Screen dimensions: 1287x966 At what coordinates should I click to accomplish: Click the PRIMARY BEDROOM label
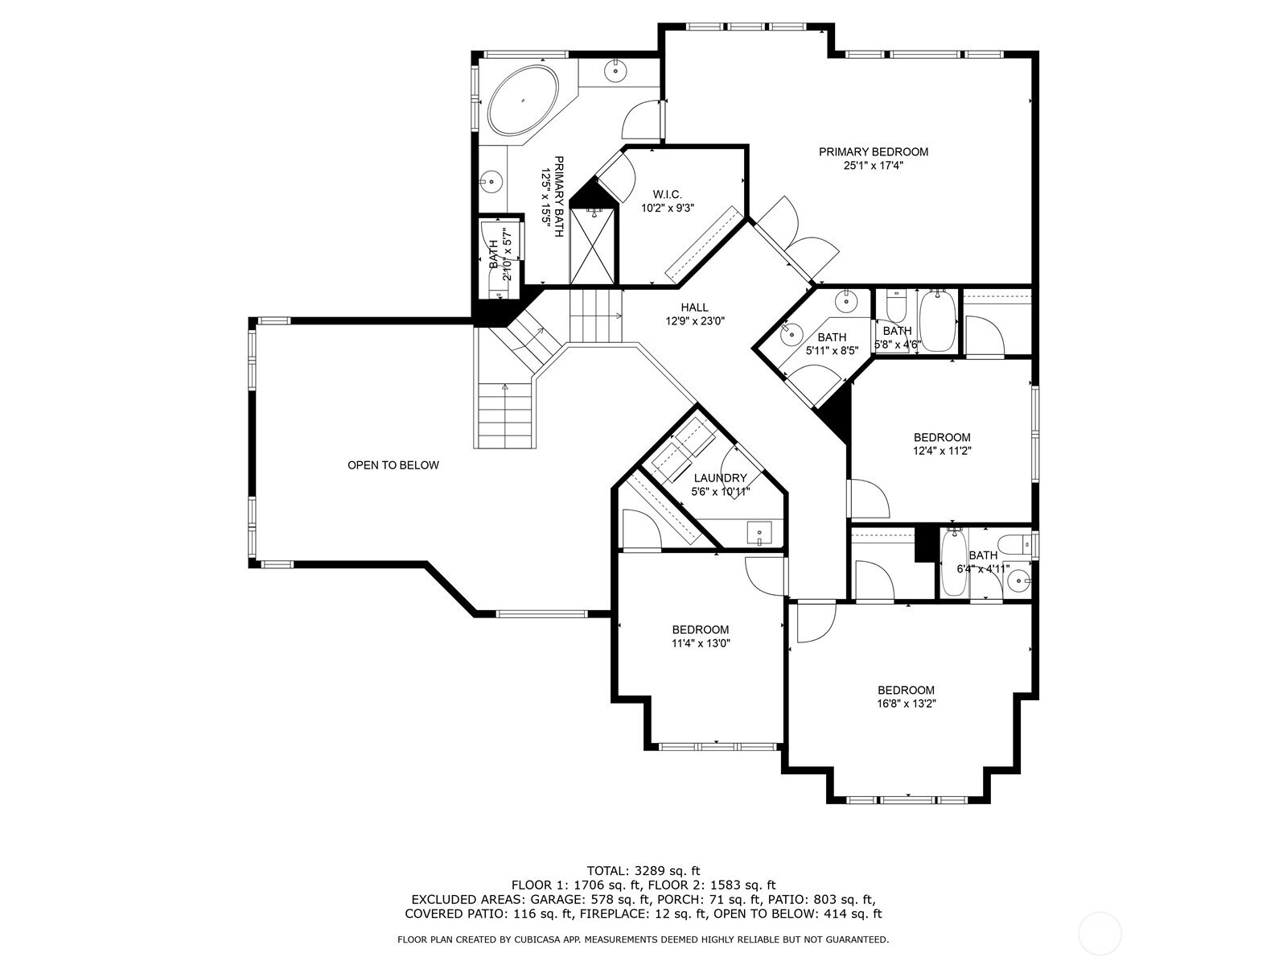[x=873, y=152]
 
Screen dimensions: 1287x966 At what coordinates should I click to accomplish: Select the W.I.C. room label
[x=668, y=194]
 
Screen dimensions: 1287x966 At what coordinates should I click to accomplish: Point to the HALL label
[x=694, y=308]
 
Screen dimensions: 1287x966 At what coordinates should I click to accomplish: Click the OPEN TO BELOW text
[x=393, y=465]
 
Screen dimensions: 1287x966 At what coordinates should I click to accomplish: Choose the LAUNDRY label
[x=720, y=478]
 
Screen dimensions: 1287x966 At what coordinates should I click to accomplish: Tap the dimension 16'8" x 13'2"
[x=906, y=704]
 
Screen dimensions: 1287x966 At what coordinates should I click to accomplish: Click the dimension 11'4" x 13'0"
[x=701, y=643]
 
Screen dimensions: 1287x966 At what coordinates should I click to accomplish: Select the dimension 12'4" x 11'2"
[x=942, y=451]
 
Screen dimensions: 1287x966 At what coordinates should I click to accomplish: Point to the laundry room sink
[x=759, y=533]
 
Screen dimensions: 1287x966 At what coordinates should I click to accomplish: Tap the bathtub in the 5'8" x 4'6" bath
[x=938, y=321]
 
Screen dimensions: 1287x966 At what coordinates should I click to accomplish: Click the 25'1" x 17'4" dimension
[x=873, y=165]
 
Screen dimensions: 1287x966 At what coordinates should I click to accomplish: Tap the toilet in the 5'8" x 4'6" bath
[x=895, y=303]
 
